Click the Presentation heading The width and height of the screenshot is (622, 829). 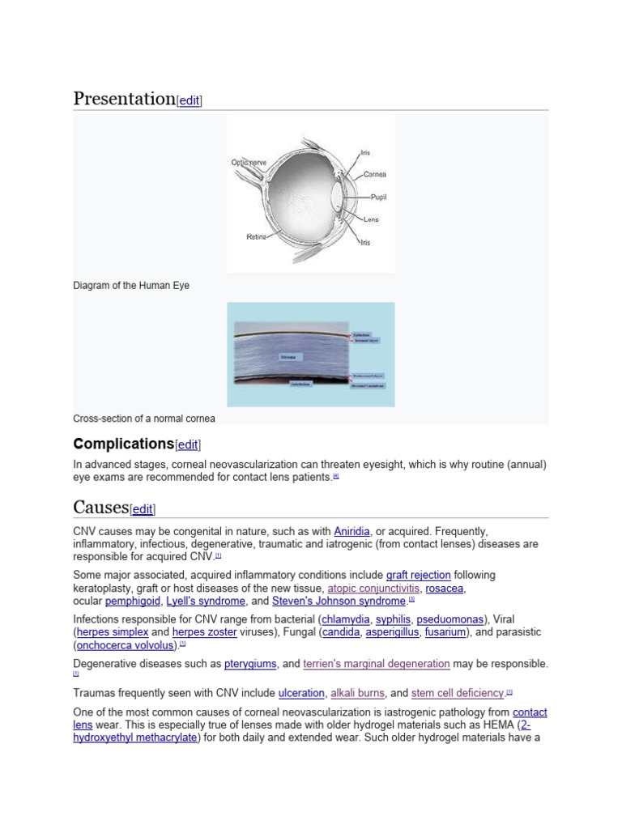pos(124,99)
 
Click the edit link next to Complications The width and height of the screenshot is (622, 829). pos(188,444)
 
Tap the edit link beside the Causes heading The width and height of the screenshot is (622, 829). pos(143,509)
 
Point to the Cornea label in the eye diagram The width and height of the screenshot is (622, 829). pos(374,174)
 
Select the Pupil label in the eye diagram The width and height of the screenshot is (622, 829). pos(378,197)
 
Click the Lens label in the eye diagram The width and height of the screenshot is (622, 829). pos(370,219)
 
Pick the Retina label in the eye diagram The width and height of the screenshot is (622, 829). pos(256,237)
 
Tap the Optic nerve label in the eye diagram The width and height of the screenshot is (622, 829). pos(249,163)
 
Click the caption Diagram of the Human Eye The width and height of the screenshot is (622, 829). pos(131,286)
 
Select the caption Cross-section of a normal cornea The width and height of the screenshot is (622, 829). pos(144,419)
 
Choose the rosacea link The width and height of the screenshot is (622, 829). pos(445,589)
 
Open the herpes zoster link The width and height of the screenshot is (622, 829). pos(205,632)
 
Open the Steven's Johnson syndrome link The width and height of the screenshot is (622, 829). pos(339,602)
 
